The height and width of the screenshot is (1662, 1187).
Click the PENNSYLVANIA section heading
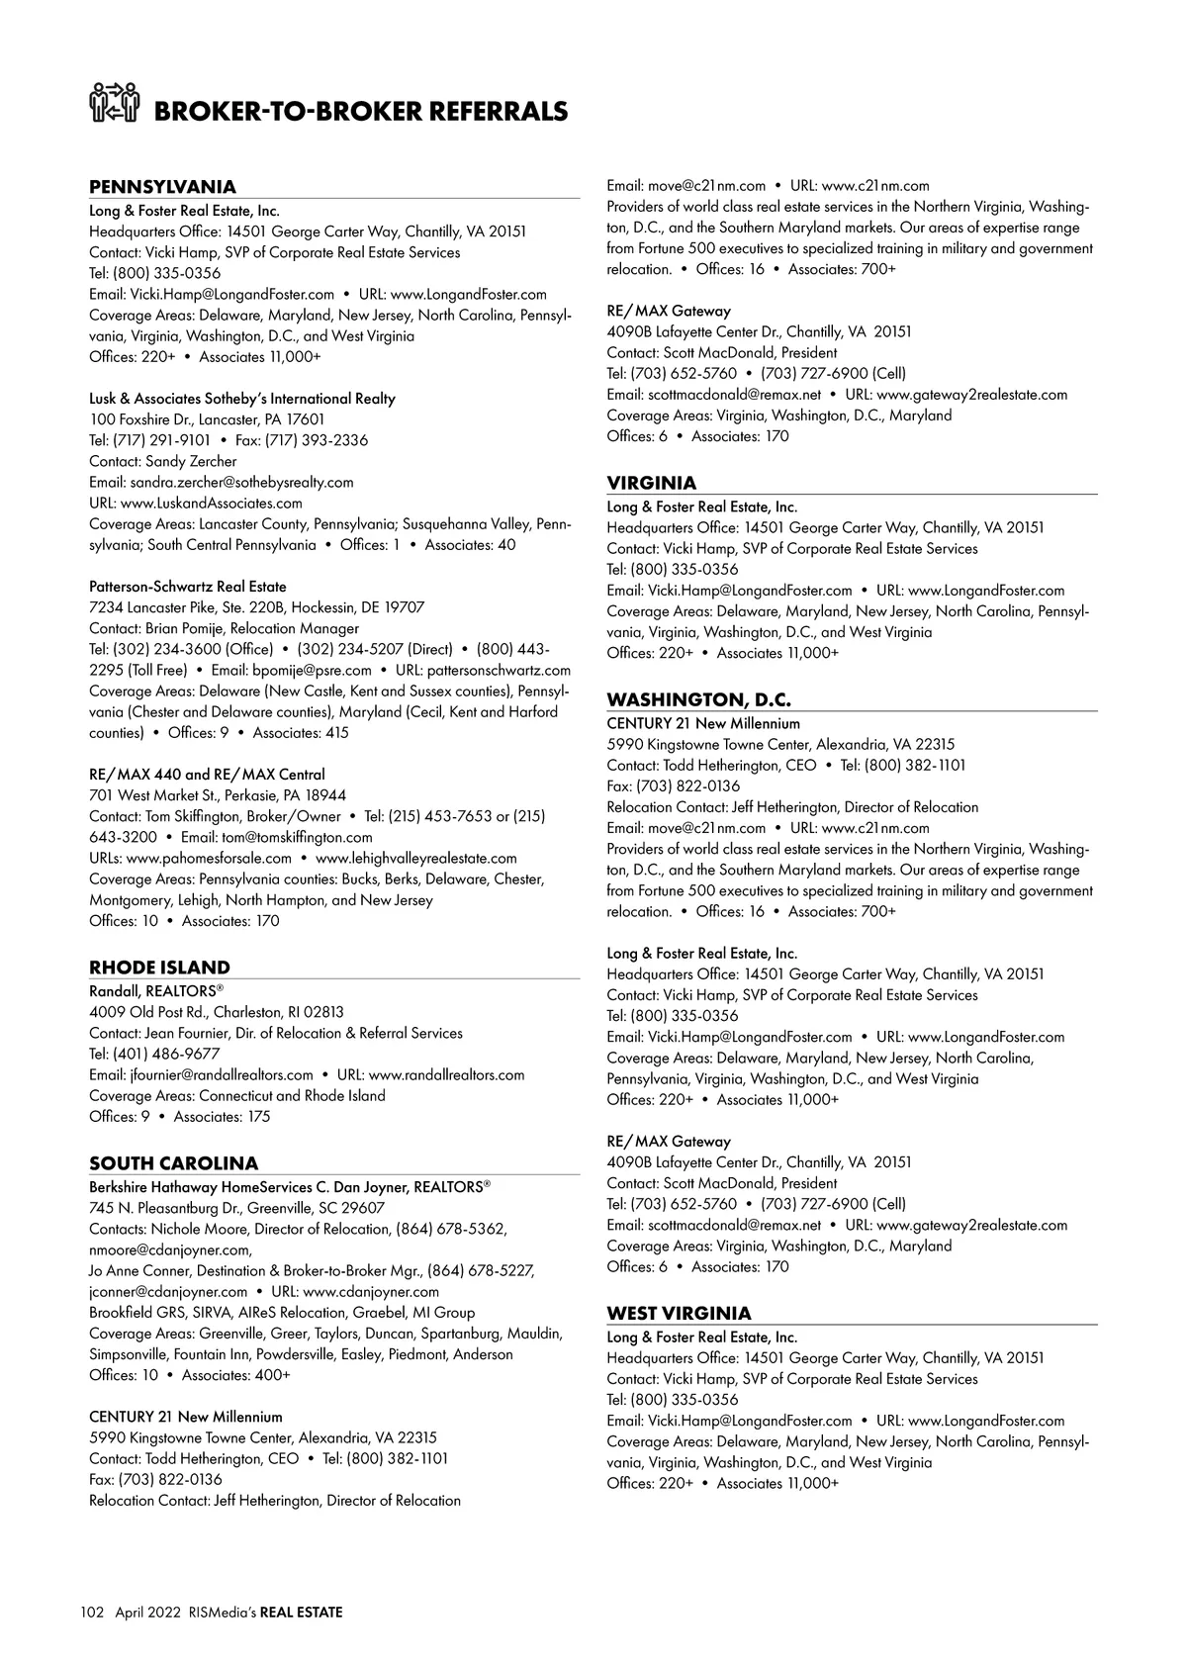162,187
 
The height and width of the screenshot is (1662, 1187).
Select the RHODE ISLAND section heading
159,968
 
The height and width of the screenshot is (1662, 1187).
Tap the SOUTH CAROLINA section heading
173,1163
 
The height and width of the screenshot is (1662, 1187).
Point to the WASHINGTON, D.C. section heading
698,699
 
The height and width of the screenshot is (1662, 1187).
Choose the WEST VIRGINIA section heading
679,1313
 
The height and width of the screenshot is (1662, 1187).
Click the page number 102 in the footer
92,1613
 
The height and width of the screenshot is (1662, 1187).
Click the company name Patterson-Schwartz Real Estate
188,587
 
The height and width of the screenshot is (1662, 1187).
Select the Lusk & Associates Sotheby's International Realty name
242,399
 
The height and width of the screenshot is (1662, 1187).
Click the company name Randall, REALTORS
152,990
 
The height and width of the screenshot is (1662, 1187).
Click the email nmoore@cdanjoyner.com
170,1249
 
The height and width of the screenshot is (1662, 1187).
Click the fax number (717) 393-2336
302,440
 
